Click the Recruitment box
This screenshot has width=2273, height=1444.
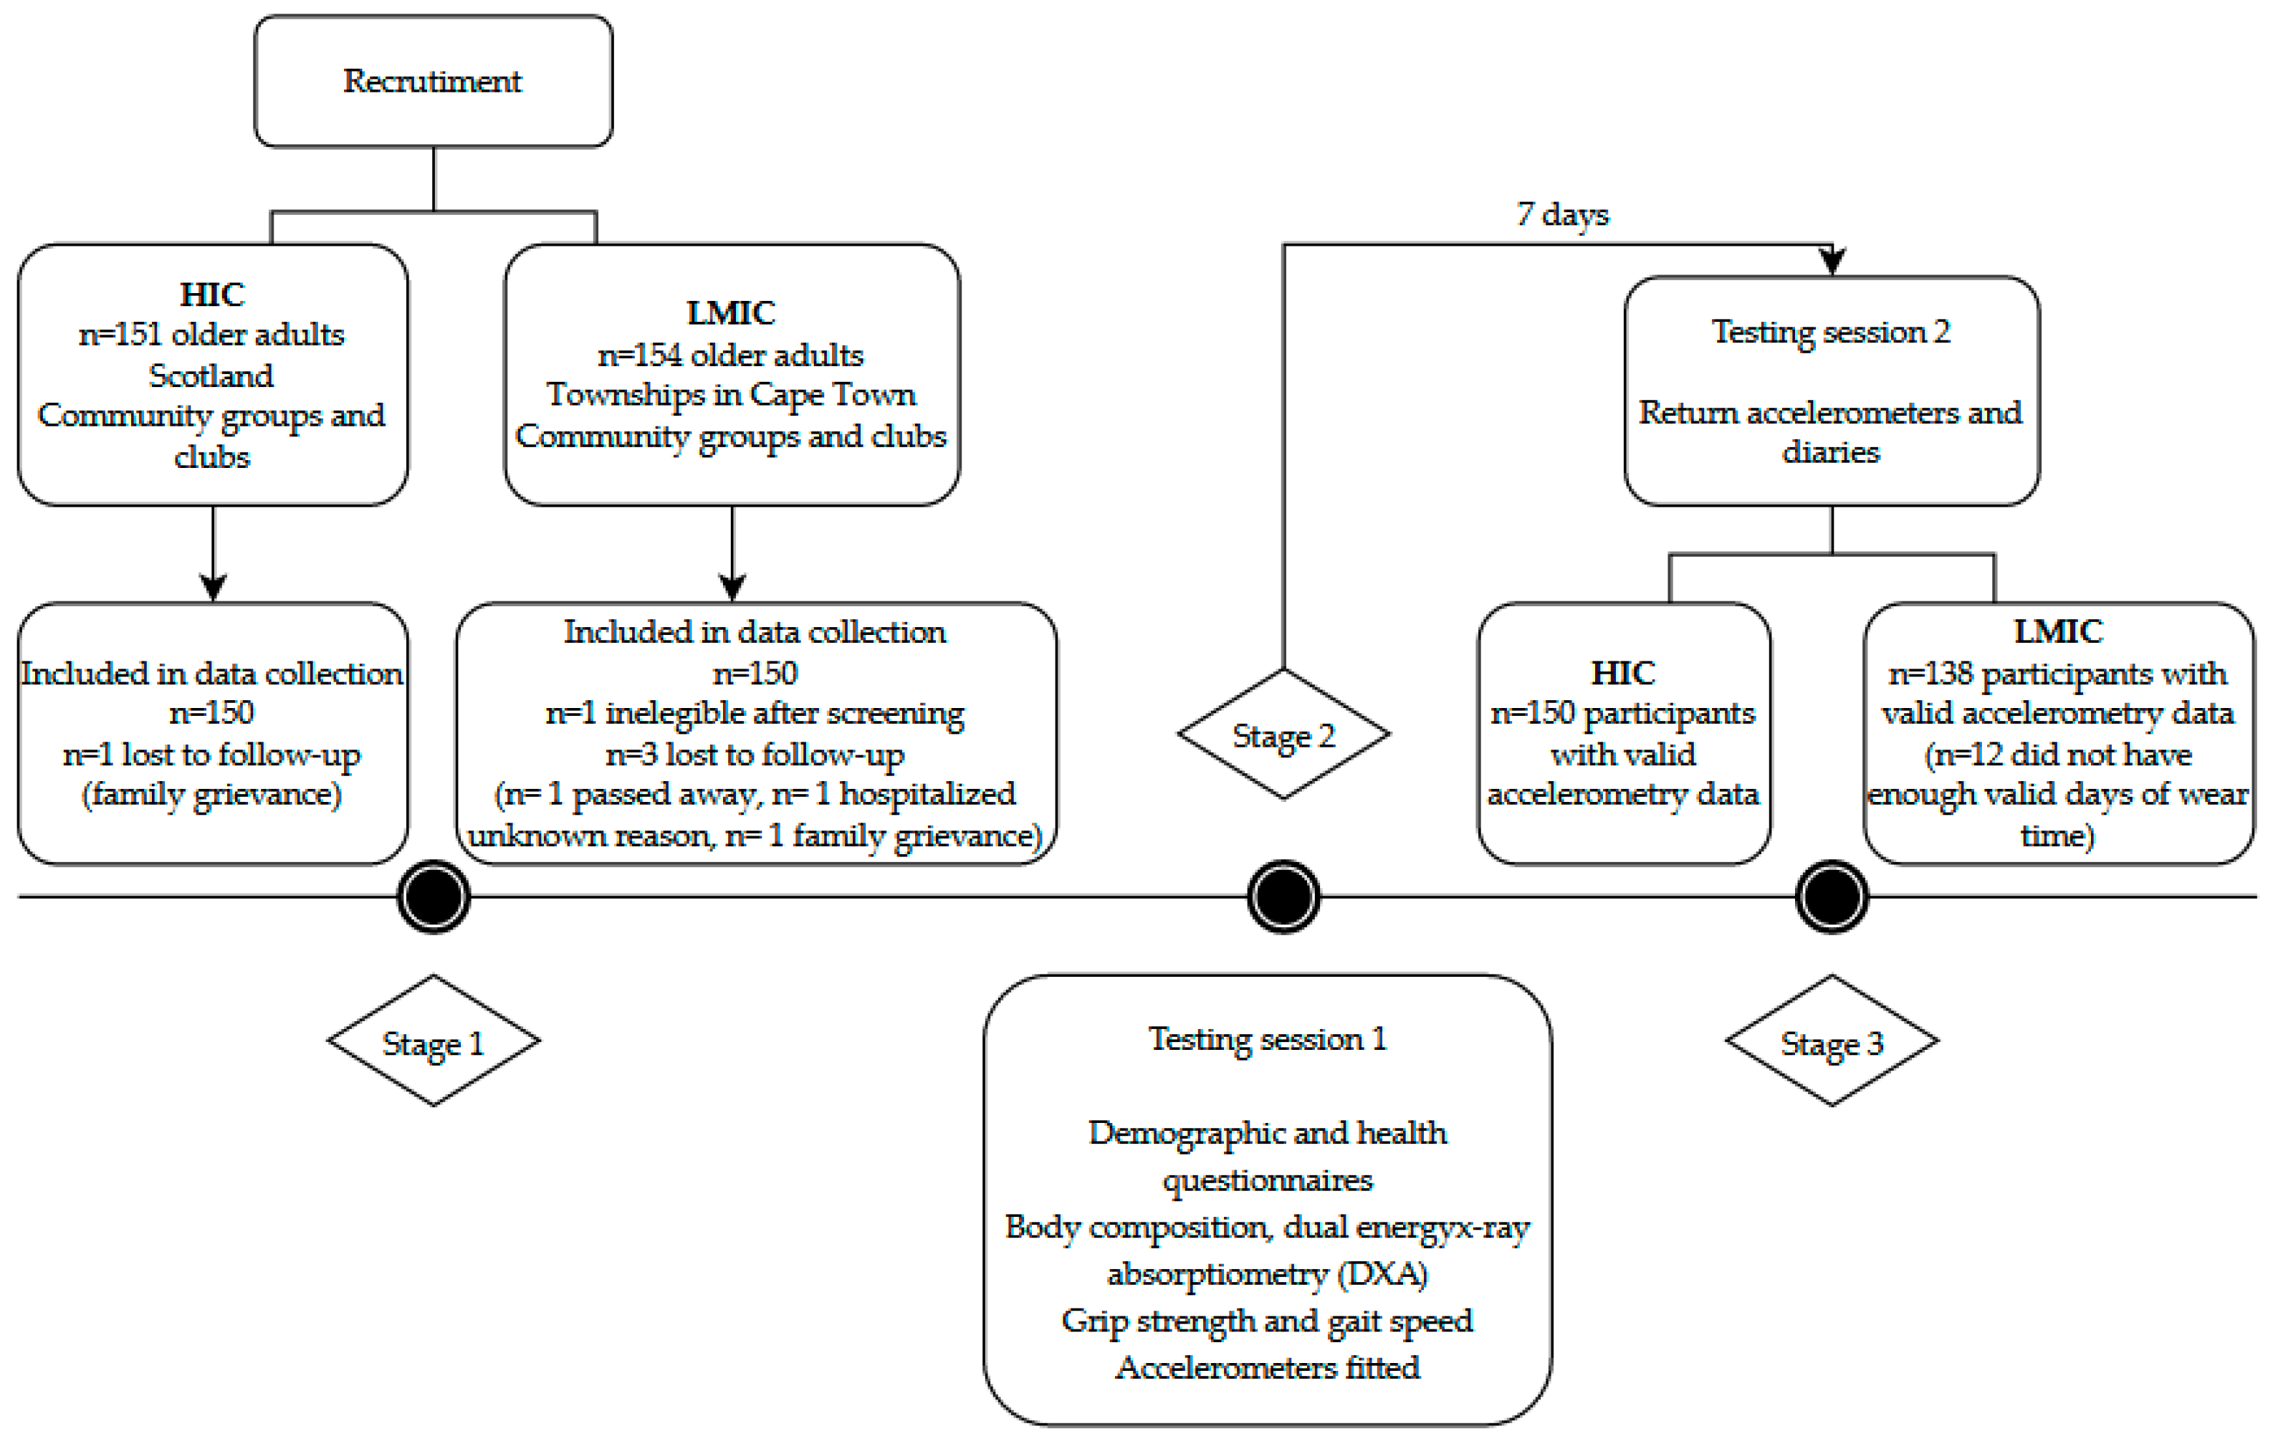pyautogui.click(x=434, y=81)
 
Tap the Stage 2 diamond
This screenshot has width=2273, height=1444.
pyautogui.click(x=1283, y=735)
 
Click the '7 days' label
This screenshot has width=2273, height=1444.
pyautogui.click(x=1563, y=215)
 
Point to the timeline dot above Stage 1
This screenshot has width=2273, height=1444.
pyautogui.click(x=434, y=896)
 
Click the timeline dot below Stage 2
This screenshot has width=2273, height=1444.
pyautogui.click(x=1283, y=896)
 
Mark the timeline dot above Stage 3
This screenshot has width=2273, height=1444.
pyautogui.click(x=1832, y=896)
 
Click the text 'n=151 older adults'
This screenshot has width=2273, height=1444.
pyautogui.click(x=212, y=334)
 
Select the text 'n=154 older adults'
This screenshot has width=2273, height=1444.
pyautogui.click(x=732, y=355)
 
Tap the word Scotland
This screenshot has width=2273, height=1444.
pyautogui.click(x=211, y=376)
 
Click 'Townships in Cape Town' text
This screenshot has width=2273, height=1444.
pyautogui.click(x=732, y=396)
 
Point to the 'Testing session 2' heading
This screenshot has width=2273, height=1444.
pyautogui.click(x=1832, y=333)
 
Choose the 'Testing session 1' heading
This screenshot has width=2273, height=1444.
pyautogui.click(x=1268, y=1039)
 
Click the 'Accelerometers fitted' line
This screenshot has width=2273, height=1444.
pyautogui.click(x=1268, y=1367)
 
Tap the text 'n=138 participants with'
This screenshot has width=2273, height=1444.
pyautogui.click(x=2058, y=674)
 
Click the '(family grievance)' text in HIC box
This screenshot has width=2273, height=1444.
pyautogui.click(x=212, y=795)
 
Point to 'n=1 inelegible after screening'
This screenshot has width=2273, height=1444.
pyautogui.click(x=755, y=714)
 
